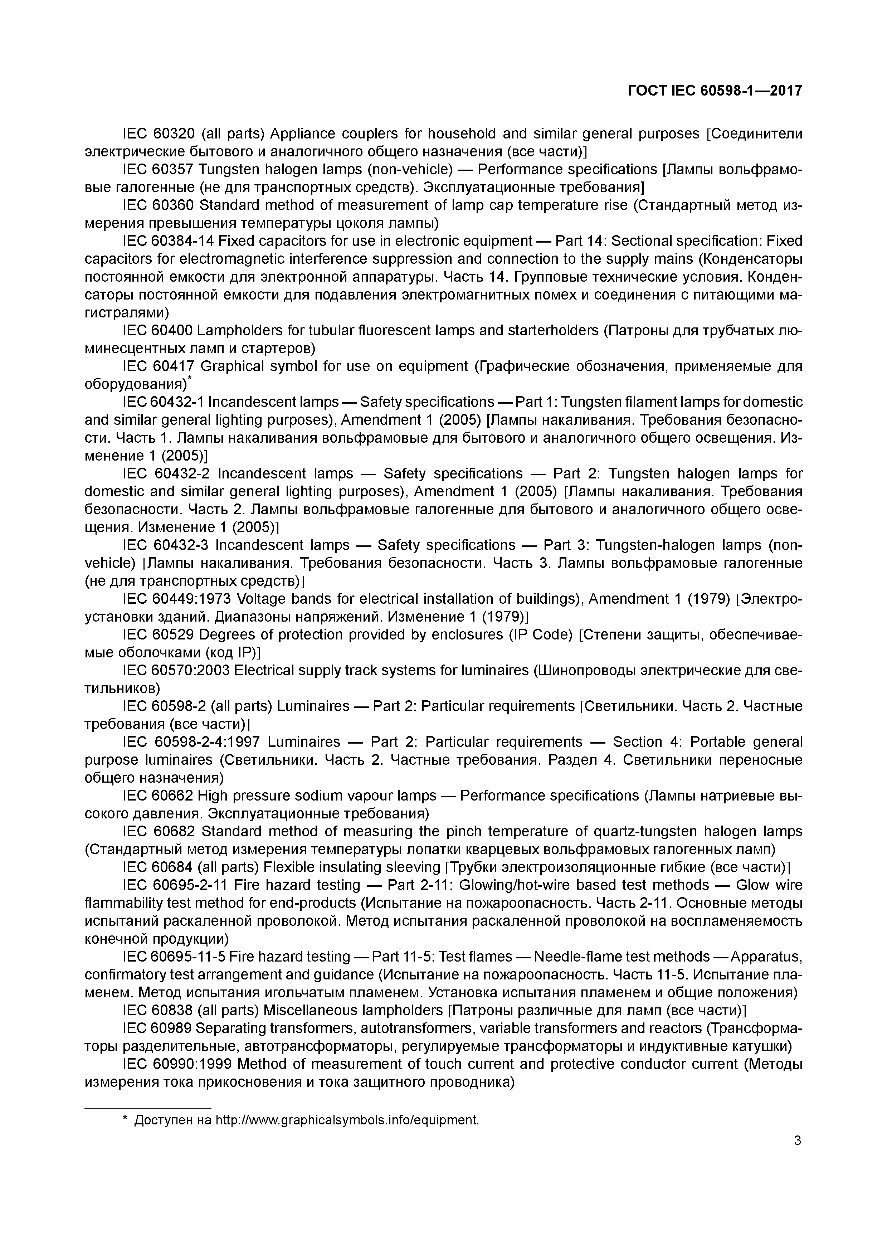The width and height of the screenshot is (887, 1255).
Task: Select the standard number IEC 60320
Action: pyautogui.click(x=159, y=134)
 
